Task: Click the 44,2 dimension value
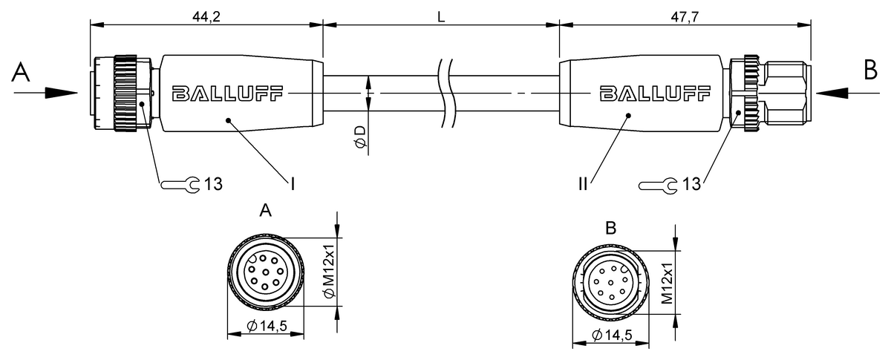pyautogui.click(x=206, y=17)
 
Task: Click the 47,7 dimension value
pyautogui.click(x=685, y=17)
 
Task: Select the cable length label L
pyautogui.click(x=441, y=17)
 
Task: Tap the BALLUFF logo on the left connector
pyautogui.click(x=227, y=94)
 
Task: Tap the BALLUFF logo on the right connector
pyautogui.click(x=655, y=94)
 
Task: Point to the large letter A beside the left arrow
pyautogui.click(x=21, y=73)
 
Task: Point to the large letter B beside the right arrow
pyautogui.click(x=871, y=70)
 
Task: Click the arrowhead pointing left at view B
pyautogui.click(x=832, y=93)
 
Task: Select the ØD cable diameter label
pyautogui.click(x=361, y=137)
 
